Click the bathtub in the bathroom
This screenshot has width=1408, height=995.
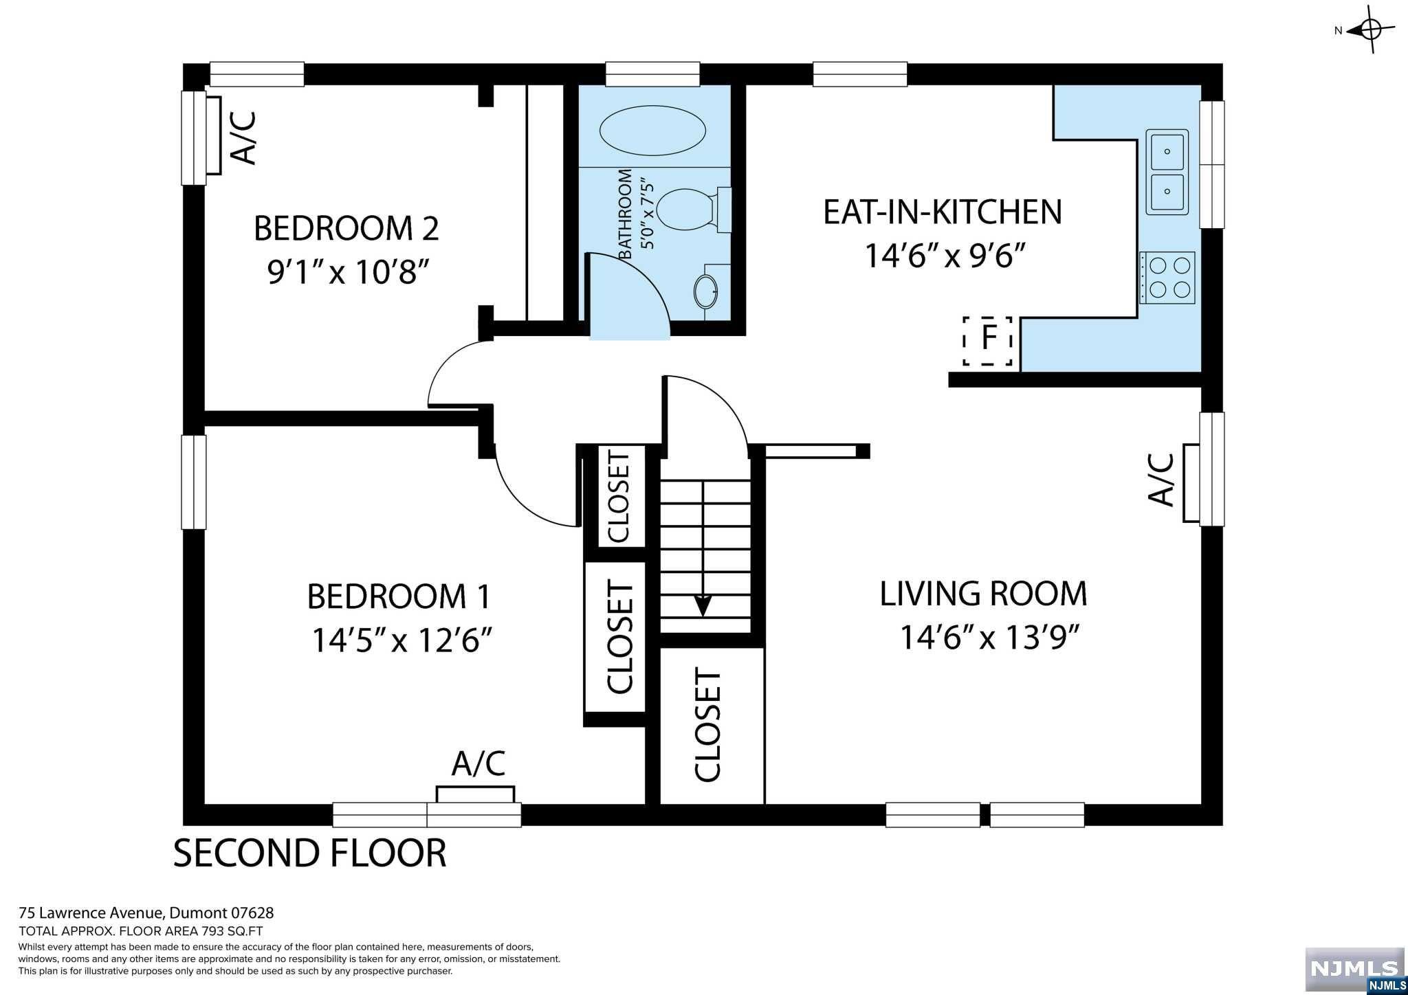point(652,131)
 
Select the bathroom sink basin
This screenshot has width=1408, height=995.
point(705,292)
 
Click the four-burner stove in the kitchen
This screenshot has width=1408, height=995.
point(1167,278)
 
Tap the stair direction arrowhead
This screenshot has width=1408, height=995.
point(703,605)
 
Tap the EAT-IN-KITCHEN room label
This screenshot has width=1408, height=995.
point(943,212)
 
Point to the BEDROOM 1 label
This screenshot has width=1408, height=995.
point(399,596)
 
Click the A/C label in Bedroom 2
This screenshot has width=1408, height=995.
point(245,138)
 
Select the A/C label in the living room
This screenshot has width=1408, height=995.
point(1161,480)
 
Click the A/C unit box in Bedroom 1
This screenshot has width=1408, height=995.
point(475,794)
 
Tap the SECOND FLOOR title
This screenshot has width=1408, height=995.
point(309,853)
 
